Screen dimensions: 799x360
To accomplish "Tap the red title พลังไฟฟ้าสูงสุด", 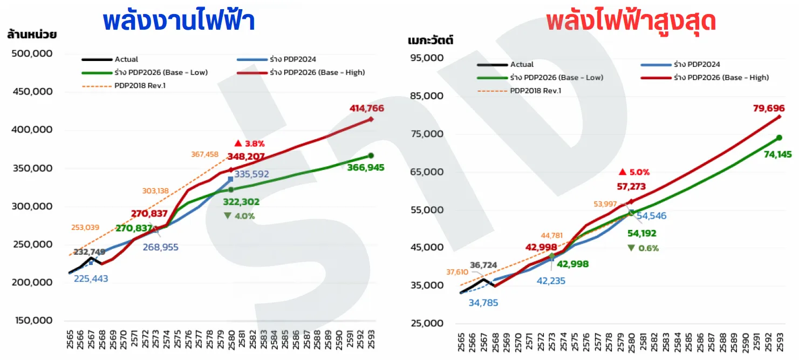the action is (631, 21).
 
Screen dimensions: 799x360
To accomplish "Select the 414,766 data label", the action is (367, 108).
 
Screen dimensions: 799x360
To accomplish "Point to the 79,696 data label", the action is (769, 108).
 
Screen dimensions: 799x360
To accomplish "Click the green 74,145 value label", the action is (777, 154).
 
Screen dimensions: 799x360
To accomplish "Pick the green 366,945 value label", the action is (366, 167).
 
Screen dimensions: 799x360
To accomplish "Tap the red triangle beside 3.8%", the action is (238, 144).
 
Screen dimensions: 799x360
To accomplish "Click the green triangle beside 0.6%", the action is (631, 248).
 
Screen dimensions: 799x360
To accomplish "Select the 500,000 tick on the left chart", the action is (32, 53).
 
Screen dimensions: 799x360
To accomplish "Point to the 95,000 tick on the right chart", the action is (427, 58).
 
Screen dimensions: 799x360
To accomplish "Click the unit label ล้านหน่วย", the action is (32, 34).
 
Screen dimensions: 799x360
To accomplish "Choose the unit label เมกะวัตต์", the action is (431, 39).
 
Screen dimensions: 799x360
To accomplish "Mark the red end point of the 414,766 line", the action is (371, 119).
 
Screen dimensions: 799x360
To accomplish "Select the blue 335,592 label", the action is (251, 174).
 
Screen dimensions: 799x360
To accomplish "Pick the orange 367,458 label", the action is (204, 154).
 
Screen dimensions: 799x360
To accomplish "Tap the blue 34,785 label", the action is (483, 303).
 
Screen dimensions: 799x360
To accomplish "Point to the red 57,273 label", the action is (631, 186).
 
